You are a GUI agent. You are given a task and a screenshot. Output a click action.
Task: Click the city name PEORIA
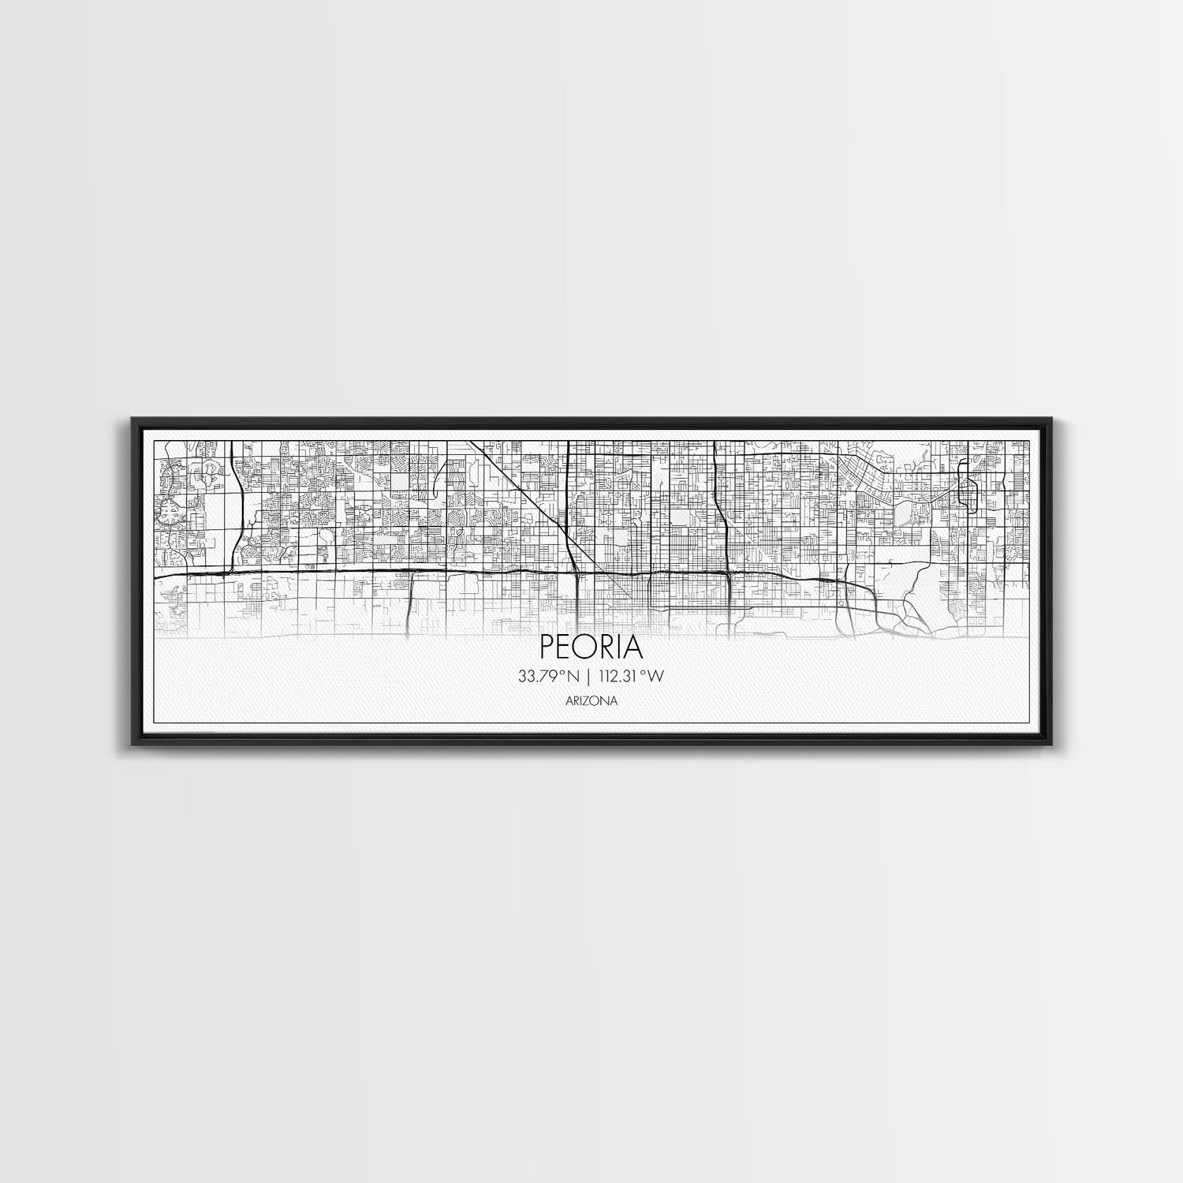click(591, 647)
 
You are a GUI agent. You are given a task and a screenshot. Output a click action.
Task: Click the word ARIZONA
click(591, 700)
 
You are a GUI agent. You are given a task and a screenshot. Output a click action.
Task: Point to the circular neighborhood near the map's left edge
click(170, 513)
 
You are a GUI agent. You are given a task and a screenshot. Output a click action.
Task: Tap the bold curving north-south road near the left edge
click(236, 513)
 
